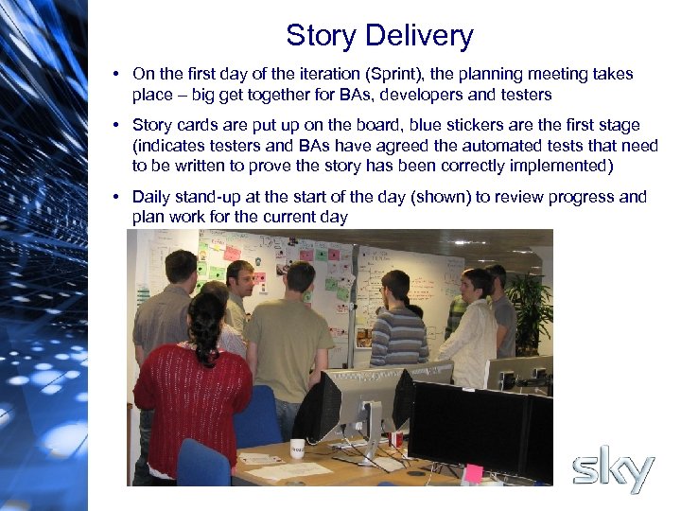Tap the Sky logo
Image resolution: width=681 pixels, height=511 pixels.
click(x=614, y=470)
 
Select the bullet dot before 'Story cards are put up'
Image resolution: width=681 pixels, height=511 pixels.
click(x=113, y=125)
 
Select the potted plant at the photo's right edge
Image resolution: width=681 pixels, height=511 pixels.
click(x=532, y=308)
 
